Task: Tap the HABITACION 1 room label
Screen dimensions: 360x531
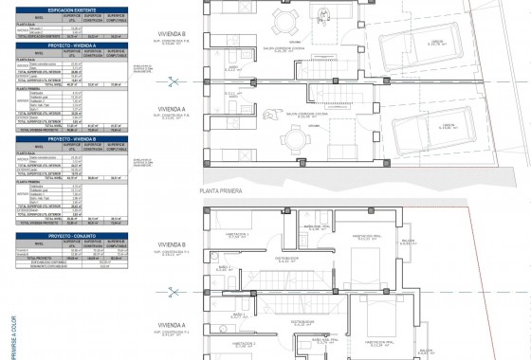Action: tap(237, 232)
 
